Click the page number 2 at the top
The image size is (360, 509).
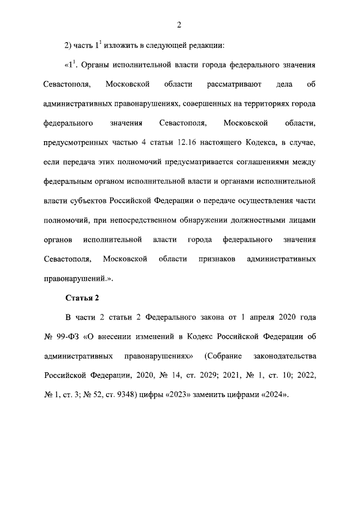(179, 24)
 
